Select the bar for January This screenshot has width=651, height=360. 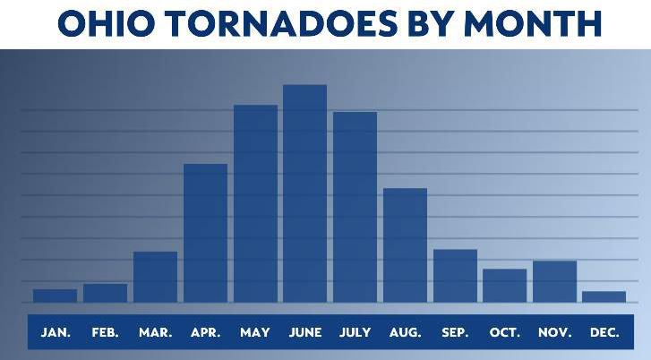(56, 296)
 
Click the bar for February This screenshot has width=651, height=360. (105, 293)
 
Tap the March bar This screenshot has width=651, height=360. (155, 277)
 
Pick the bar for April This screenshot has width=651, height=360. (206, 233)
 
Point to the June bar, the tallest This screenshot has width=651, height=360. (305, 193)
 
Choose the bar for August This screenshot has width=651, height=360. (406, 245)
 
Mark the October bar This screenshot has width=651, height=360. (505, 286)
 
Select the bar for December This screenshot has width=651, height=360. (604, 297)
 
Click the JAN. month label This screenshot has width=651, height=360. (56, 332)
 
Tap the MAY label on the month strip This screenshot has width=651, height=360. (255, 332)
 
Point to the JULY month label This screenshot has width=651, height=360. (355, 332)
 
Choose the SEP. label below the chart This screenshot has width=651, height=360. (455, 332)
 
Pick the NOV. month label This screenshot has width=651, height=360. (554, 332)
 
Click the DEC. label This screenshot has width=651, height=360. (604, 332)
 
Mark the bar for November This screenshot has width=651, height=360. (554, 281)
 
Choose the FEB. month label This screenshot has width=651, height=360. (106, 332)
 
